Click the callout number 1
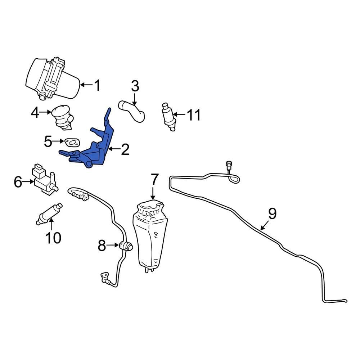click(96, 86)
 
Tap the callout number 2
click(125, 149)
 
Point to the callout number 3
click(135, 86)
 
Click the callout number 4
click(35, 113)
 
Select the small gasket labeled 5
click(72, 143)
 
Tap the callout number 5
click(48, 142)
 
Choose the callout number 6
click(18, 182)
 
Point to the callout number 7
click(154, 179)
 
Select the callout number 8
click(102, 246)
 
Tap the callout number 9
click(272, 214)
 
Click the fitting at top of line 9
click(228, 165)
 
